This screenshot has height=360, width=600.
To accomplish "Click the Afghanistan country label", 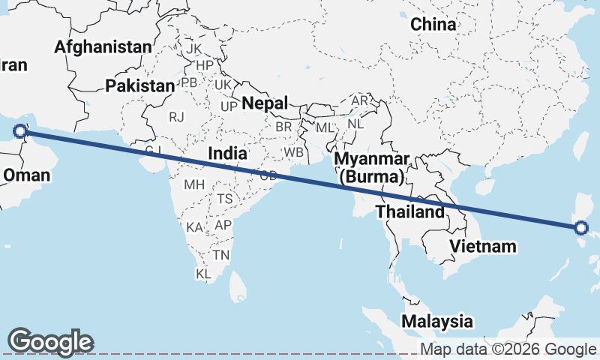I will click(x=103, y=46).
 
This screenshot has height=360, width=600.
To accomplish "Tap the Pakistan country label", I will click(x=139, y=85).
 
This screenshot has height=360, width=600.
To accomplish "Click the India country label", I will click(x=227, y=153).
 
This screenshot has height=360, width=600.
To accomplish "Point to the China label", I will click(x=433, y=24).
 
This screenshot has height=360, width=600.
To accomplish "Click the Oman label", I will click(x=27, y=175).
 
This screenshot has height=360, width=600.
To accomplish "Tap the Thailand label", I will click(x=410, y=212).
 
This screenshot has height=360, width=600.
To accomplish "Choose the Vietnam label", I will click(x=483, y=246).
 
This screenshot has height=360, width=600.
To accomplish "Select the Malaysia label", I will click(x=438, y=321).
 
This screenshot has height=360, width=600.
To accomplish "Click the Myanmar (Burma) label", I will click(x=372, y=168).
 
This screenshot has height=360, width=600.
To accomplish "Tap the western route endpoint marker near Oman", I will click(x=20, y=133).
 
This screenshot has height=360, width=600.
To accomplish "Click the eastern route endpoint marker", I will click(x=581, y=227).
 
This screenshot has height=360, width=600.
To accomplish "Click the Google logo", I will click(x=50, y=342).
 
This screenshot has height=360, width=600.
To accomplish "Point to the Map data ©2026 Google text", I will click(x=508, y=349).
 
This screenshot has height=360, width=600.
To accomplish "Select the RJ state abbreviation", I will click(x=176, y=116).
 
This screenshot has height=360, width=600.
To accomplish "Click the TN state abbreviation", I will click(x=220, y=255).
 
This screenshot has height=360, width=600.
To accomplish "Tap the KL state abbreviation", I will click(x=204, y=274).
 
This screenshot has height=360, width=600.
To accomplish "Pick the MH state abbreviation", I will click(x=193, y=184).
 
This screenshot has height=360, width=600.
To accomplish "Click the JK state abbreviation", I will click(x=194, y=49).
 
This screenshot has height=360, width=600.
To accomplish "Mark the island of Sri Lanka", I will click(x=238, y=285).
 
